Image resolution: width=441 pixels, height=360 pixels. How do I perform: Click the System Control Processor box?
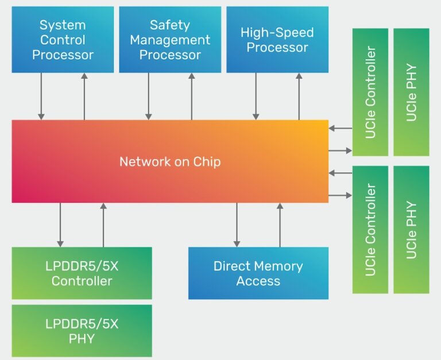(x=63, y=40)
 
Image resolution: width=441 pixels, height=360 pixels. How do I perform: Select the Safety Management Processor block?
(x=170, y=40)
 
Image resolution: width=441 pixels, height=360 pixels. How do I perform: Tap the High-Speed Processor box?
(x=277, y=40)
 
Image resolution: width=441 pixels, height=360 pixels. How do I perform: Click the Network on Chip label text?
(x=170, y=162)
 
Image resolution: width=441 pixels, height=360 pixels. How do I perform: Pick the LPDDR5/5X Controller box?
(x=82, y=273)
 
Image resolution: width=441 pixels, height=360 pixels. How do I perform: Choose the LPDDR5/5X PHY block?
(x=82, y=331)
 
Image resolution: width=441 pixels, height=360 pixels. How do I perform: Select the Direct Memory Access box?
(x=258, y=273)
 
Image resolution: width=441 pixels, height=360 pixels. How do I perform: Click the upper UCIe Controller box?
(x=370, y=92)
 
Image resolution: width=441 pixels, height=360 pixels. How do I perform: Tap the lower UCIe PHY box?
(x=411, y=230)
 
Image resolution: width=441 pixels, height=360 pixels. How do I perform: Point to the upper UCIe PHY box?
(x=411, y=92)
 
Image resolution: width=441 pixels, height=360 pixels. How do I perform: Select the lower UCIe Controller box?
(x=370, y=230)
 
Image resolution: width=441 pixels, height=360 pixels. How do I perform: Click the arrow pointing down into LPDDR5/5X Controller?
(x=60, y=224)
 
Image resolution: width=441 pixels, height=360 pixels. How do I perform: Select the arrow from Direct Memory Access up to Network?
(x=280, y=224)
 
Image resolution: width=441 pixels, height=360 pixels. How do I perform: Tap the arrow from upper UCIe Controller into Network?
(x=340, y=129)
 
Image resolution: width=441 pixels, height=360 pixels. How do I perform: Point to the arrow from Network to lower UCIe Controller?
(x=340, y=196)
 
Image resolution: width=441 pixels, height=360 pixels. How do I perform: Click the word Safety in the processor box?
(x=170, y=25)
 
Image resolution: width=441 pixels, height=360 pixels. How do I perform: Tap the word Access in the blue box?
(x=258, y=281)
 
